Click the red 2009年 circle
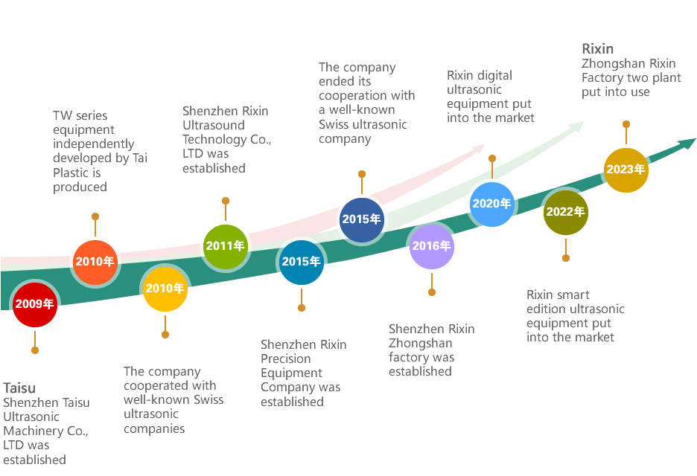click(35, 304)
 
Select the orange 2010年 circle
click(95, 262)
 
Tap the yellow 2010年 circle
click(165, 289)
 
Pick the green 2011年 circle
click(226, 246)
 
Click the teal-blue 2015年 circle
click(302, 262)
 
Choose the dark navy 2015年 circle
click(362, 220)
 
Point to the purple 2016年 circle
click(432, 246)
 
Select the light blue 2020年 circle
click(492, 205)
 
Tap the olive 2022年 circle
click(565, 212)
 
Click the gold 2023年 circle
click(626, 170)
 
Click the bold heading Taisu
click(19, 388)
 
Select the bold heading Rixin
click(598, 49)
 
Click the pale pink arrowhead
click(480, 148)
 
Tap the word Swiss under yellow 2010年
click(209, 399)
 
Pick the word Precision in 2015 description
click(286, 358)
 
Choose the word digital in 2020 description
click(494, 76)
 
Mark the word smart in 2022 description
click(573, 295)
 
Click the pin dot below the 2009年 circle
click(35, 350)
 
